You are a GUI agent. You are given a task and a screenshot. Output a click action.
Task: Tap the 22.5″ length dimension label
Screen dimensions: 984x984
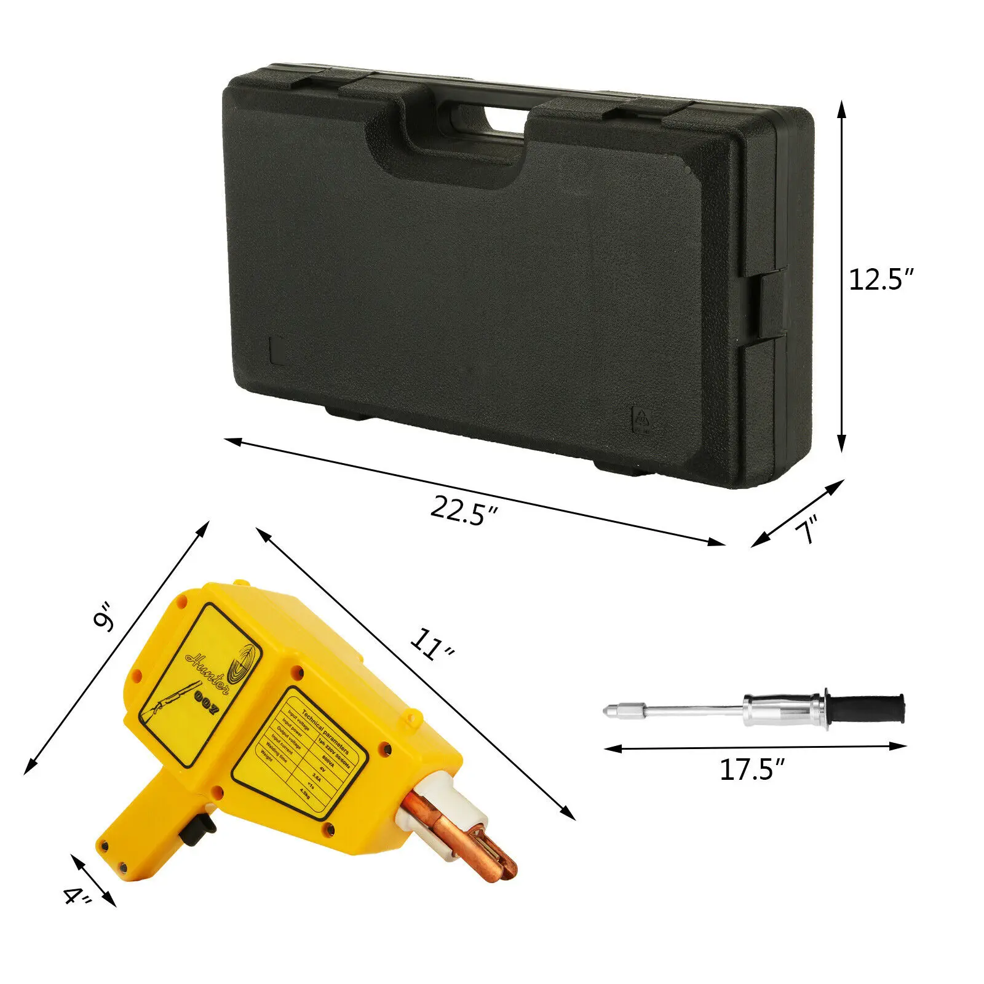(462, 510)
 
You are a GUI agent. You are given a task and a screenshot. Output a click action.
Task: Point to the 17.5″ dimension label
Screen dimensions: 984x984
(752, 770)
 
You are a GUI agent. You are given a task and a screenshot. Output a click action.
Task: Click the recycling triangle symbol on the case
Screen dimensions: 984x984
(641, 420)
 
